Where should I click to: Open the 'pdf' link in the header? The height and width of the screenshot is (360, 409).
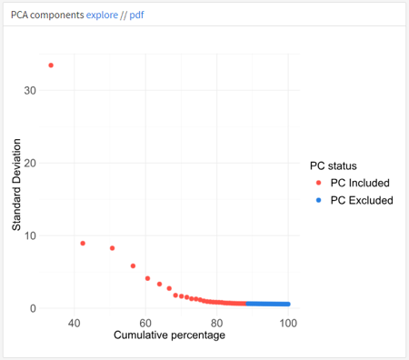click(136, 14)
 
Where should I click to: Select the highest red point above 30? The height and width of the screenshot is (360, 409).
click(51, 65)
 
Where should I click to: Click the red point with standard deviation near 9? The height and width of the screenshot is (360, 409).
click(83, 244)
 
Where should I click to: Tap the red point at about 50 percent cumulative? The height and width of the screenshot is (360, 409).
click(113, 248)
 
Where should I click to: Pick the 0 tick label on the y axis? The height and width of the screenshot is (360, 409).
click(33, 308)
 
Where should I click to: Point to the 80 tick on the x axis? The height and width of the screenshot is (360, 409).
click(217, 323)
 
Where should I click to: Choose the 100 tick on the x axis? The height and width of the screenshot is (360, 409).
click(288, 323)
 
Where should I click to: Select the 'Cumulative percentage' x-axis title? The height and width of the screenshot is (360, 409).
click(169, 336)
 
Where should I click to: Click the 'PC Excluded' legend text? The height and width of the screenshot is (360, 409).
click(362, 200)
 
